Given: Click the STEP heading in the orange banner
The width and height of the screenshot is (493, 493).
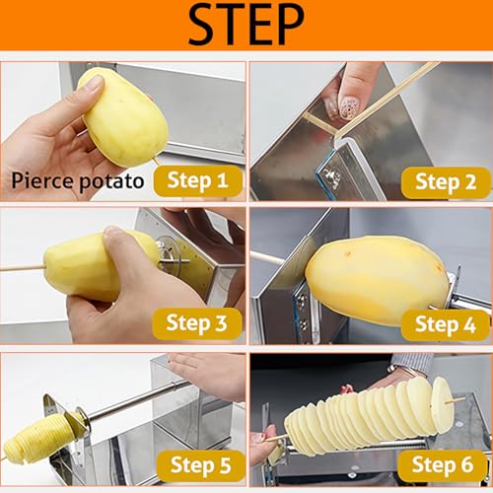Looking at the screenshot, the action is [246, 25].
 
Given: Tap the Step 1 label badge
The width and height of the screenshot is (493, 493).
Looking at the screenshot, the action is [198, 180].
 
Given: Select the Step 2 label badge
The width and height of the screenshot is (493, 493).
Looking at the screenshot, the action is [446, 182].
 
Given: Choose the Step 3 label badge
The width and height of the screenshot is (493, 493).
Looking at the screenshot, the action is [197, 323].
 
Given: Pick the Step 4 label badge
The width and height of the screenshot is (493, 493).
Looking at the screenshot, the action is [446, 324].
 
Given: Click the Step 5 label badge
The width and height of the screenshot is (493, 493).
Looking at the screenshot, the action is [201, 465].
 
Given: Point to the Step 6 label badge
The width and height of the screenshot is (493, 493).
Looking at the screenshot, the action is [443, 465].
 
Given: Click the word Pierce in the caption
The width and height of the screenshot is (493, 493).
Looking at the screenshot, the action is [42, 180].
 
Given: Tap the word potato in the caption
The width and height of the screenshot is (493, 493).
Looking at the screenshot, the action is [111, 182].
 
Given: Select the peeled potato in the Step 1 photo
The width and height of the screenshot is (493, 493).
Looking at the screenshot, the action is [123, 116].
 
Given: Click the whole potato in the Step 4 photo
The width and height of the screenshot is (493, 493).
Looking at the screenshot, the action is [378, 279].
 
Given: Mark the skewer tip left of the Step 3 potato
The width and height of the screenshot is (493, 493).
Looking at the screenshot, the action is [1, 269].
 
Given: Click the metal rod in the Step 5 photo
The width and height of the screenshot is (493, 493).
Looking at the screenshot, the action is [138, 399].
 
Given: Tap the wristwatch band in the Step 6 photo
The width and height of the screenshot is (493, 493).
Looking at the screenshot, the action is [402, 371].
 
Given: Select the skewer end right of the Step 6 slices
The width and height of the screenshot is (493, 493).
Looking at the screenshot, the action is [462, 399].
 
